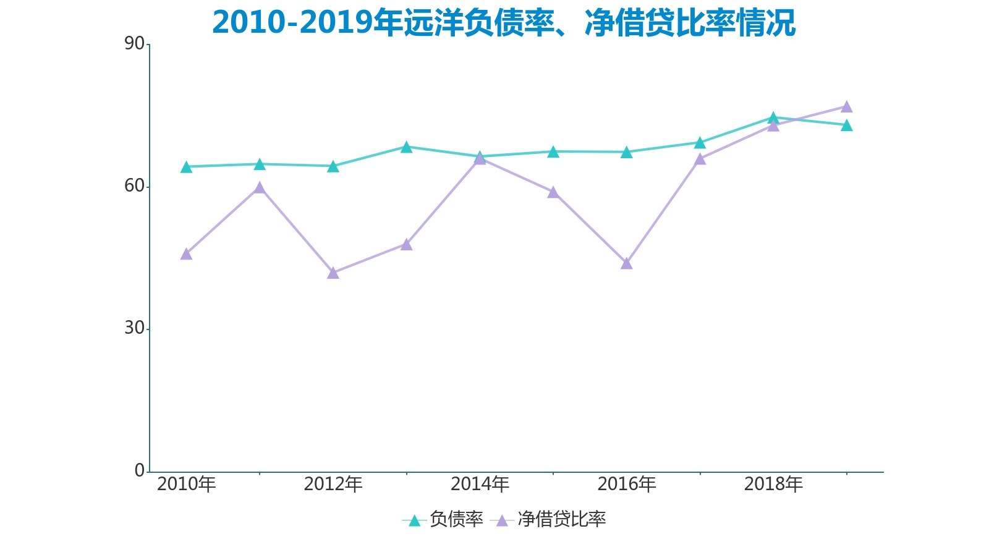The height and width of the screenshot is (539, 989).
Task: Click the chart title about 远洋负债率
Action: (503, 23)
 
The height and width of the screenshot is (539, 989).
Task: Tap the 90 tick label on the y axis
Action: (134, 44)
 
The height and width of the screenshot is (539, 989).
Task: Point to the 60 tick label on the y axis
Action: (134, 186)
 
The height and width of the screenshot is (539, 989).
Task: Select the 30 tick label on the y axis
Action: (134, 328)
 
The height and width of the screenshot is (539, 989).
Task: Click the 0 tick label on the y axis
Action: (140, 470)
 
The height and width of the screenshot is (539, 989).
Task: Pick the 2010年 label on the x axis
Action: (186, 484)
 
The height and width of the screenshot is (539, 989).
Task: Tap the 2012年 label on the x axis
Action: (333, 484)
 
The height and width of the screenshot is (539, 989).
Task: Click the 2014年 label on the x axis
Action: (480, 484)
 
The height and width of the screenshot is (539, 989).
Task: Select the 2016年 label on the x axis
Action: (627, 484)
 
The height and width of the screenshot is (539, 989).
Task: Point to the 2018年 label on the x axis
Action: (773, 484)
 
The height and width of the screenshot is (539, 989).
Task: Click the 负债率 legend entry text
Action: (456, 519)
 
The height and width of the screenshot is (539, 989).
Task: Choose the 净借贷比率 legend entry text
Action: (561, 519)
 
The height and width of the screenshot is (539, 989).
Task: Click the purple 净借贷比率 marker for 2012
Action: (333, 273)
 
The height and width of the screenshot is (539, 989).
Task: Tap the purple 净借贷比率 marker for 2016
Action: (627, 263)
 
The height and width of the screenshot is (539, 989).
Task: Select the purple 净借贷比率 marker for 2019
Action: (847, 107)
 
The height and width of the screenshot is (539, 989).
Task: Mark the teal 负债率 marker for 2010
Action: (186, 167)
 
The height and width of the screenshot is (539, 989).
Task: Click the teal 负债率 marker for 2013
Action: (406, 147)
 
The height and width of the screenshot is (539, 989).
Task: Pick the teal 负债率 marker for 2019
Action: (847, 125)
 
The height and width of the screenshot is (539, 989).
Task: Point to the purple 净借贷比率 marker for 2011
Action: (260, 187)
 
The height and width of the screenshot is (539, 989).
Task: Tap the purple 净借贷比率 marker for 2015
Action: (553, 192)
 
